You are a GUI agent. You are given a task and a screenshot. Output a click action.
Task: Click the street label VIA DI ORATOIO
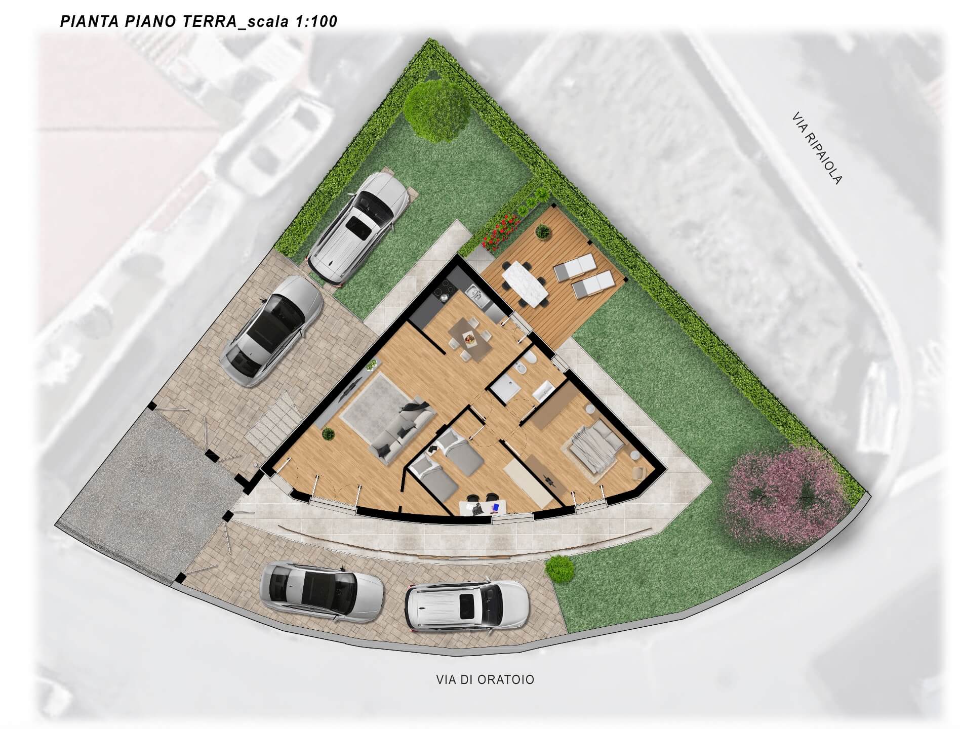(485, 679)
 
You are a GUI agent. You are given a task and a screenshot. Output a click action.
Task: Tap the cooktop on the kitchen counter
(440, 293)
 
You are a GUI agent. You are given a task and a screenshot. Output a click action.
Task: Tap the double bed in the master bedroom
(595, 442)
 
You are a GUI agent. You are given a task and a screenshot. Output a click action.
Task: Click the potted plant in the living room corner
(329, 433)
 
